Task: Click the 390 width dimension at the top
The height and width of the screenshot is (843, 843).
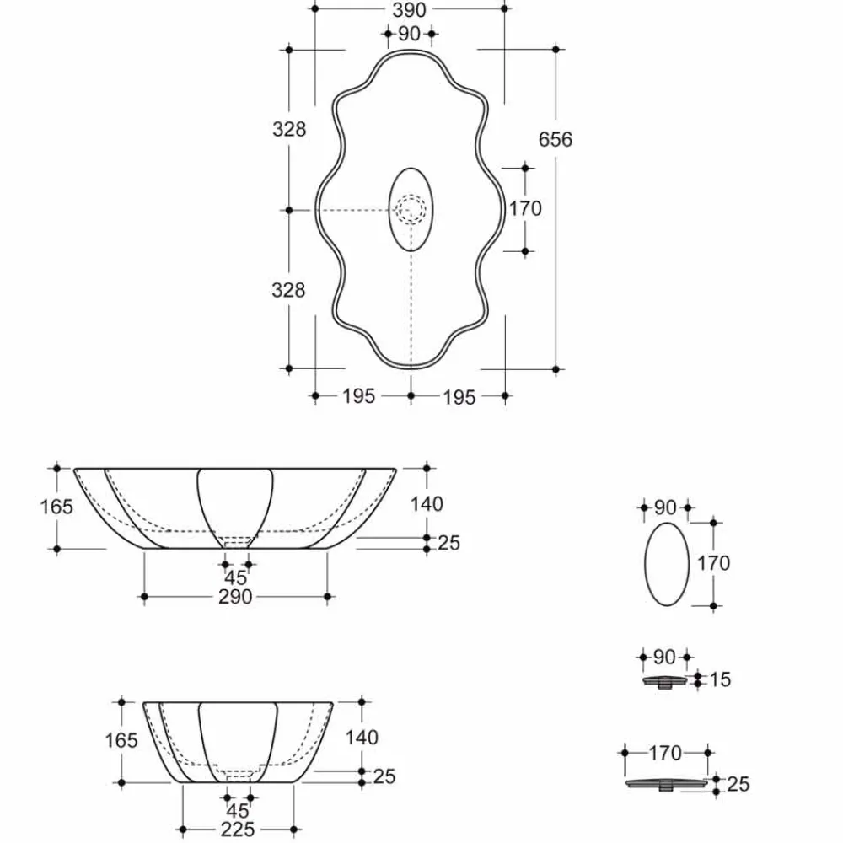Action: pyautogui.click(x=409, y=9)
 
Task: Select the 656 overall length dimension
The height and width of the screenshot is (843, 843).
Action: pyautogui.click(x=556, y=139)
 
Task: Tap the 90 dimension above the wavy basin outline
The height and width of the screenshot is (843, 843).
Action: pyautogui.click(x=409, y=34)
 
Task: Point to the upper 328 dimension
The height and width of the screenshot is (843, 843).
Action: pyautogui.click(x=288, y=129)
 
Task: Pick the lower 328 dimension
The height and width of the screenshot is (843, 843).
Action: pyautogui.click(x=288, y=290)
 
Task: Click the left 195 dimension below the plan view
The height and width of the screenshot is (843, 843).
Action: pyautogui.click(x=358, y=395)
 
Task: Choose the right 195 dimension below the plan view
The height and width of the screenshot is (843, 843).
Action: pyautogui.click(x=459, y=395)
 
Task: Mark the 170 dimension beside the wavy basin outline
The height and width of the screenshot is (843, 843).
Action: pyautogui.click(x=525, y=207)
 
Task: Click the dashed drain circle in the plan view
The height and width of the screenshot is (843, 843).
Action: pyautogui.click(x=411, y=208)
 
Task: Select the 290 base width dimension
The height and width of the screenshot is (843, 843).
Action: pyautogui.click(x=235, y=597)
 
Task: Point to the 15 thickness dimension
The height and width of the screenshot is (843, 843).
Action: pyautogui.click(x=720, y=679)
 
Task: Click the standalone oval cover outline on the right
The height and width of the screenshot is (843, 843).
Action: pyautogui.click(x=666, y=563)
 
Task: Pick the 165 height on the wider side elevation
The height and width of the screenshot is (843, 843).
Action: pyautogui.click(x=56, y=507)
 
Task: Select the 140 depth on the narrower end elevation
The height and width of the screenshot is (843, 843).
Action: pyautogui.click(x=362, y=738)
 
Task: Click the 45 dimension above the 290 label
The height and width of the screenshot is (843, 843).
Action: pyautogui.click(x=236, y=577)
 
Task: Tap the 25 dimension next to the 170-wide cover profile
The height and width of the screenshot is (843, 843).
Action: pyautogui.click(x=738, y=785)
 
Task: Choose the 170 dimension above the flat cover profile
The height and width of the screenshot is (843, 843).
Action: pyautogui.click(x=665, y=750)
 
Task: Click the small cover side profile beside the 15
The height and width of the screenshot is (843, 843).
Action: pyautogui.click(x=666, y=681)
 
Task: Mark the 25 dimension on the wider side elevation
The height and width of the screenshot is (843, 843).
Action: pyautogui.click(x=448, y=543)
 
